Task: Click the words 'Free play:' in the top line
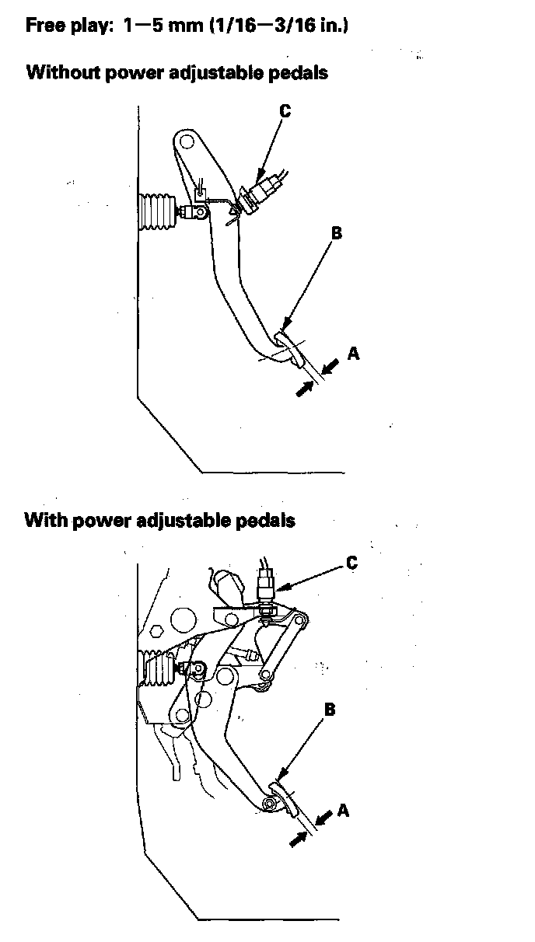click(71, 26)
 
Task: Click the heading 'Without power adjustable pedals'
click(177, 73)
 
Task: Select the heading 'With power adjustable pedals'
click(159, 520)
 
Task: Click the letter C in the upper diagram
click(285, 112)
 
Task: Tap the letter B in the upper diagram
click(337, 233)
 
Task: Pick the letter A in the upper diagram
click(354, 354)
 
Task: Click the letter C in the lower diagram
click(351, 563)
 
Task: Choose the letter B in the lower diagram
click(330, 710)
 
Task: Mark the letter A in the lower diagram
click(344, 811)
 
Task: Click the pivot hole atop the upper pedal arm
click(186, 143)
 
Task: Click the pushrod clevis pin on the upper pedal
click(201, 211)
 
